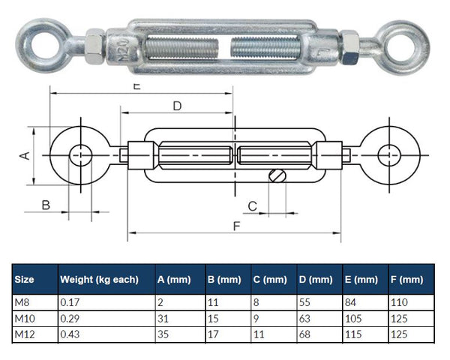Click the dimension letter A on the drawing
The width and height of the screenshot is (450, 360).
[23, 155]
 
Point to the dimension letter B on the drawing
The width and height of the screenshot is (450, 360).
[45, 205]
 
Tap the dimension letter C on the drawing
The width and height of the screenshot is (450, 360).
[252, 205]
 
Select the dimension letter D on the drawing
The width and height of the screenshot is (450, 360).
[176, 106]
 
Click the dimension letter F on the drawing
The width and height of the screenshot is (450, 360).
[237, 225]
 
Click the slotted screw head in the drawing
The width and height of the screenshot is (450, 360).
[277, 176]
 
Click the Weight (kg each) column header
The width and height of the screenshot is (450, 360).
[100, 280]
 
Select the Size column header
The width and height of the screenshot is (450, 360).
[25, 280]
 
